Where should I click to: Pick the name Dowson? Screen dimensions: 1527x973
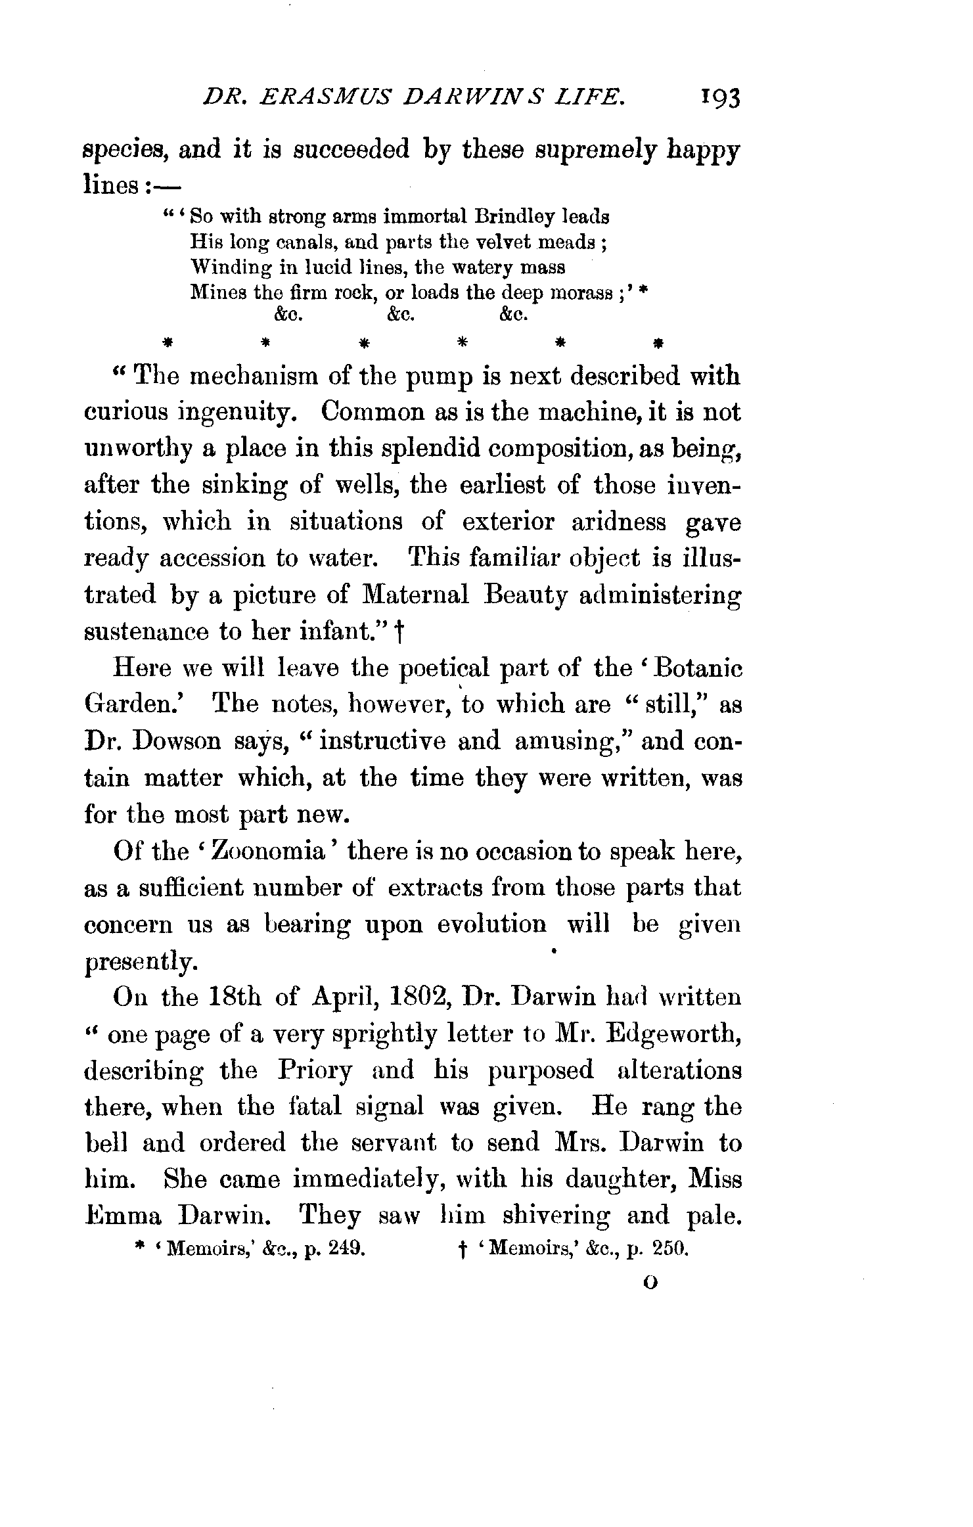click(175, 742)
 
